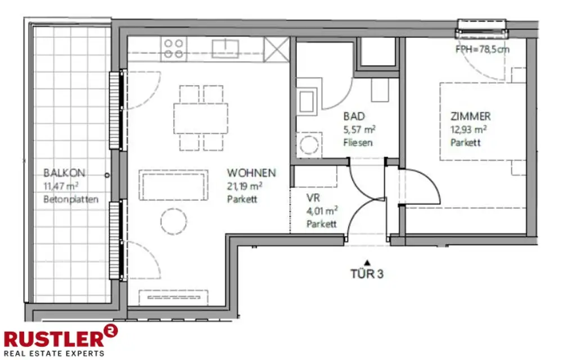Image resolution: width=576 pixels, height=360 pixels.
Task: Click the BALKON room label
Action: pyautogui.click(x=64, y=173)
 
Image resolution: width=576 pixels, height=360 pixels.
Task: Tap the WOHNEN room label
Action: pyautogui.click(x=251, y=173)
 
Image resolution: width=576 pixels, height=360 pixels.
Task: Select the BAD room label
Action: pyautogui.click(x=354, y=116)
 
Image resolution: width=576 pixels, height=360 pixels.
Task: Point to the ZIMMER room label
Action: pyautogui.click(x=471, y=116)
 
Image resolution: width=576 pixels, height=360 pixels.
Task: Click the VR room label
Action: pyautogui.click(x=313, y=198)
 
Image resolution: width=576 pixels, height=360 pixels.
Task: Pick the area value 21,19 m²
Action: pyautogui.click(x=245, y=186)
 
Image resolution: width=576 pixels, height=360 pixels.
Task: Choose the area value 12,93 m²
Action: pyautogui.click(x=469, y=130)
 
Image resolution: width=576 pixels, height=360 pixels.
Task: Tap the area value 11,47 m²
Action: pyautogui.click(x=61, y=186)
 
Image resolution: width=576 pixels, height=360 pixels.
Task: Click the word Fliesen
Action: pyautogui.click(x=358, y=142)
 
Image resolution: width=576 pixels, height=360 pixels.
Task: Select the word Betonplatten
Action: pyautogui.click(x=71, y=199)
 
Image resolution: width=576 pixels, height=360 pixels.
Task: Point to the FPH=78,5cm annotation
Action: pyautogui.click(x=482, y=49)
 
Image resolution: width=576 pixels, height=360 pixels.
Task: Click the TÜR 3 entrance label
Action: pyautogui.click(x=367, y=274)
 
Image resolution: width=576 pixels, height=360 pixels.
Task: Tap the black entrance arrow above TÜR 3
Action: pyautogui.click(x=367, y=263)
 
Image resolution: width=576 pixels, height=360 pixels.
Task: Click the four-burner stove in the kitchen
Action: pyautogui.click(x=174, y=49)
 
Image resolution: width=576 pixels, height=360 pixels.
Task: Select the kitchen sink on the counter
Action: pyautogui.click(x=225, y=49)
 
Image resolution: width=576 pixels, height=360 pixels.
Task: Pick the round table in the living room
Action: pyautogui.click(x=173, y=222)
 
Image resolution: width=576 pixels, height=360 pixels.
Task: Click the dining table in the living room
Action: pyautogui.click(x=201, y=118)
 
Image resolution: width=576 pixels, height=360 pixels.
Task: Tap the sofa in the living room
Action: pyautogui.click(x=173, y=184)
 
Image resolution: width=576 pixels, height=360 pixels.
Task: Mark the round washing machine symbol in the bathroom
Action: pyautogui.click(x=309, y=145)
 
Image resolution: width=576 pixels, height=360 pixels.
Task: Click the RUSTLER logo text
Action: pyautogui.click(x=54, y=339)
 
